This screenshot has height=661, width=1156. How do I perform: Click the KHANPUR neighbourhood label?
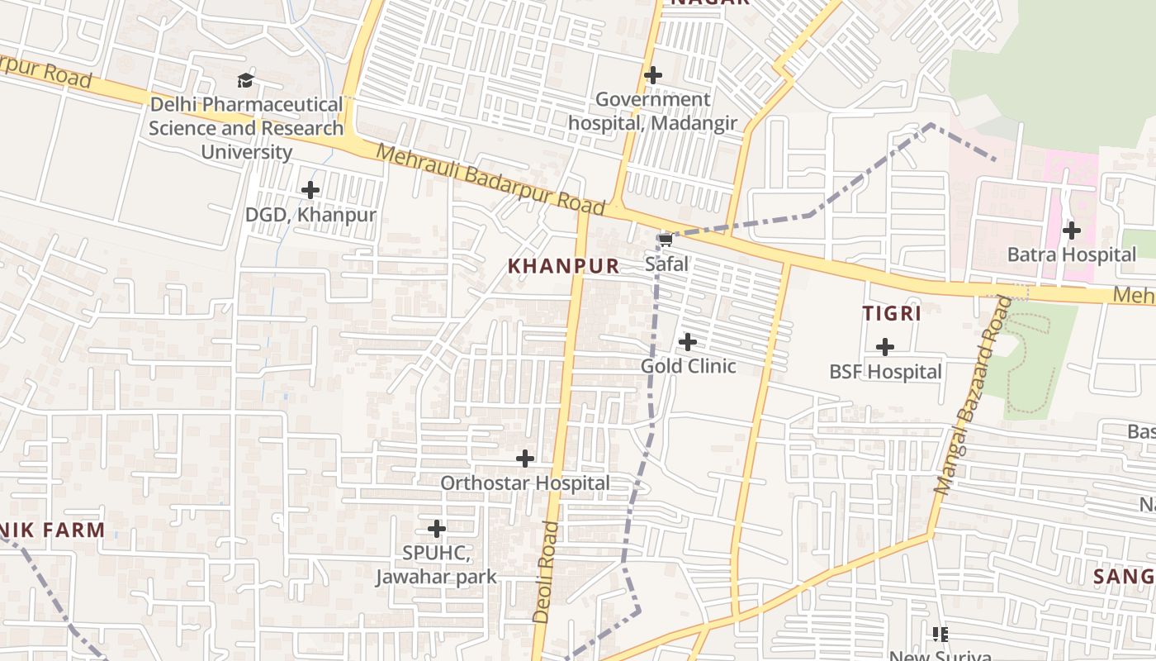(x=563, y=266)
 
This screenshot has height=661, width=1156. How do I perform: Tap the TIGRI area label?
(x=892, y=314)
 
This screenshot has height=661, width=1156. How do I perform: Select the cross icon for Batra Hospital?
(x=1072, y=231)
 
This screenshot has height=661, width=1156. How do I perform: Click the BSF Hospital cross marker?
(x=885, y=347)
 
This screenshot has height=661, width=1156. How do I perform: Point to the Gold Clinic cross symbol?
(x=687, y=341)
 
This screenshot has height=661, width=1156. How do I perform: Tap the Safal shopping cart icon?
(x=666, y=240)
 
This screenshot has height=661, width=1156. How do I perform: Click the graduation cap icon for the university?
(x=245, y=80)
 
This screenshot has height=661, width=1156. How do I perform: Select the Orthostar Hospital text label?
(x=525, y=483)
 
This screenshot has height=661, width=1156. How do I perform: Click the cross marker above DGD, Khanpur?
(x=310, y=190)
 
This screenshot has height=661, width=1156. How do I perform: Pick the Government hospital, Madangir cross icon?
(x=653, y=75)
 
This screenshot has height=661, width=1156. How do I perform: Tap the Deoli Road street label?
(x=547, y=572)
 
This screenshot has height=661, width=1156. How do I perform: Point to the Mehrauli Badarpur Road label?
(x=491, y=180)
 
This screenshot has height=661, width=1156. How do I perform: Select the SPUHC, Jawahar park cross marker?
(x=437, y=528)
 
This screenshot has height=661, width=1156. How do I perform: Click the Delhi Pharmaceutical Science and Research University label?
(x=246, y=128)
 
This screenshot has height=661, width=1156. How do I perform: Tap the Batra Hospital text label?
(x=1072, y=254)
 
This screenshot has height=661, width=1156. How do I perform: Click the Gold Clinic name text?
(x=689, y=366)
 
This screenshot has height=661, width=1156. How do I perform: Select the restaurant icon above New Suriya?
(x=940, y=635)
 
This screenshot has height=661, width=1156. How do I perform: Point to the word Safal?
(x=667, y=264)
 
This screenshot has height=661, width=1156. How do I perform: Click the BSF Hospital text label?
(x=885, y=372)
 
